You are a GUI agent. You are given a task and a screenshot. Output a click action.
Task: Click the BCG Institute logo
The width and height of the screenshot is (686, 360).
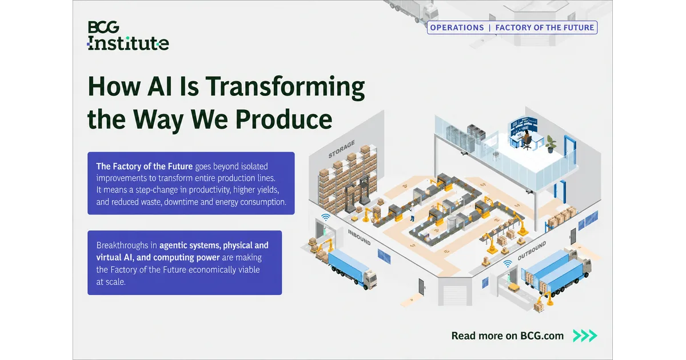tap(128, 35)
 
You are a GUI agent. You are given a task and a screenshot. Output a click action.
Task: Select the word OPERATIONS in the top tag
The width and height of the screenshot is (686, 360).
tap(457, 27)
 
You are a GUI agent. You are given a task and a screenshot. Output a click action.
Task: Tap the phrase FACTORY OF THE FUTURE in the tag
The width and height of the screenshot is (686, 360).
tap(544, 27)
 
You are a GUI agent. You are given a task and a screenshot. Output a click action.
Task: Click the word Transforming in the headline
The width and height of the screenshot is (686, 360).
tap(285, 88)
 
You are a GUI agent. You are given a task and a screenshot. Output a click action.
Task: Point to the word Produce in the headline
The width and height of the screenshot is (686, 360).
tap(284, 119)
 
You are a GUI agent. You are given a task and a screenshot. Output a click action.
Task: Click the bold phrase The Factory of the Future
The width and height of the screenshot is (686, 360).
tap(144, 166)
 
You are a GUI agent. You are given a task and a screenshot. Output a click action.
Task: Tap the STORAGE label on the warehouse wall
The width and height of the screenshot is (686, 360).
tap(341, 149)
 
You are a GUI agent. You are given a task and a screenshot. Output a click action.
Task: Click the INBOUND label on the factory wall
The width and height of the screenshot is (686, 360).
tap(359, 237)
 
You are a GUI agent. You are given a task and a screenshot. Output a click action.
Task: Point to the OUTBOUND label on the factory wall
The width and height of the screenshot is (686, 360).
tap(532, 251)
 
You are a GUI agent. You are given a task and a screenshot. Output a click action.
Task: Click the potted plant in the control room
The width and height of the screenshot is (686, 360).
tap(551, 144)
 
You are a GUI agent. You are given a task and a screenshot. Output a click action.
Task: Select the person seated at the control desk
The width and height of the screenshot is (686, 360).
tap(526, 139)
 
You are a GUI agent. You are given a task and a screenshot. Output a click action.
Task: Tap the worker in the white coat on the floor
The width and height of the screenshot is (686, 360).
tap(413, 213)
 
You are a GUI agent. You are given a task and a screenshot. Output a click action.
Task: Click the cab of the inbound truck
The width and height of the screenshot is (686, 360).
tap(370, 279)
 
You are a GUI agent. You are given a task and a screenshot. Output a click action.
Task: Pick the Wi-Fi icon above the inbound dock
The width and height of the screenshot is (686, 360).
tap(325, 217)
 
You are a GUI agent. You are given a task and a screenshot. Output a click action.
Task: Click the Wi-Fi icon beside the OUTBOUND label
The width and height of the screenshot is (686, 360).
tap(508, 263)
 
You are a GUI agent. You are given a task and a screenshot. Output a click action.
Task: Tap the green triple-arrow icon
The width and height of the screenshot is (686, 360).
tap(585, 335)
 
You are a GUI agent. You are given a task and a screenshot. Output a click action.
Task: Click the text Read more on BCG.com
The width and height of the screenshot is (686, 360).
tap(508, 336)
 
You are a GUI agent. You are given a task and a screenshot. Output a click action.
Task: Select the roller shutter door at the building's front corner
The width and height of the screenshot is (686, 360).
tap(455, 295)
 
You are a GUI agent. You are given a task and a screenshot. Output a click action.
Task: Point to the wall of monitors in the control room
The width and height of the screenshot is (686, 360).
tap(524, 125)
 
